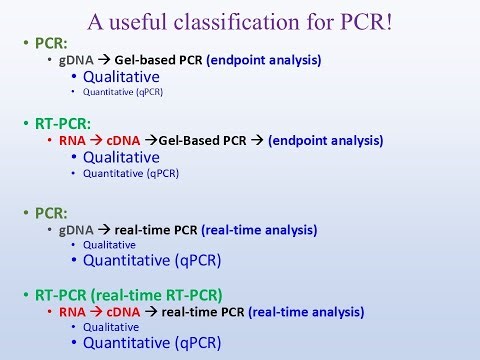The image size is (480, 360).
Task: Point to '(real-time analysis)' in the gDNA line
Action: (260, 230)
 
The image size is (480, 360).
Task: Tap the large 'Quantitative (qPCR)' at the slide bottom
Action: (151, 343)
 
